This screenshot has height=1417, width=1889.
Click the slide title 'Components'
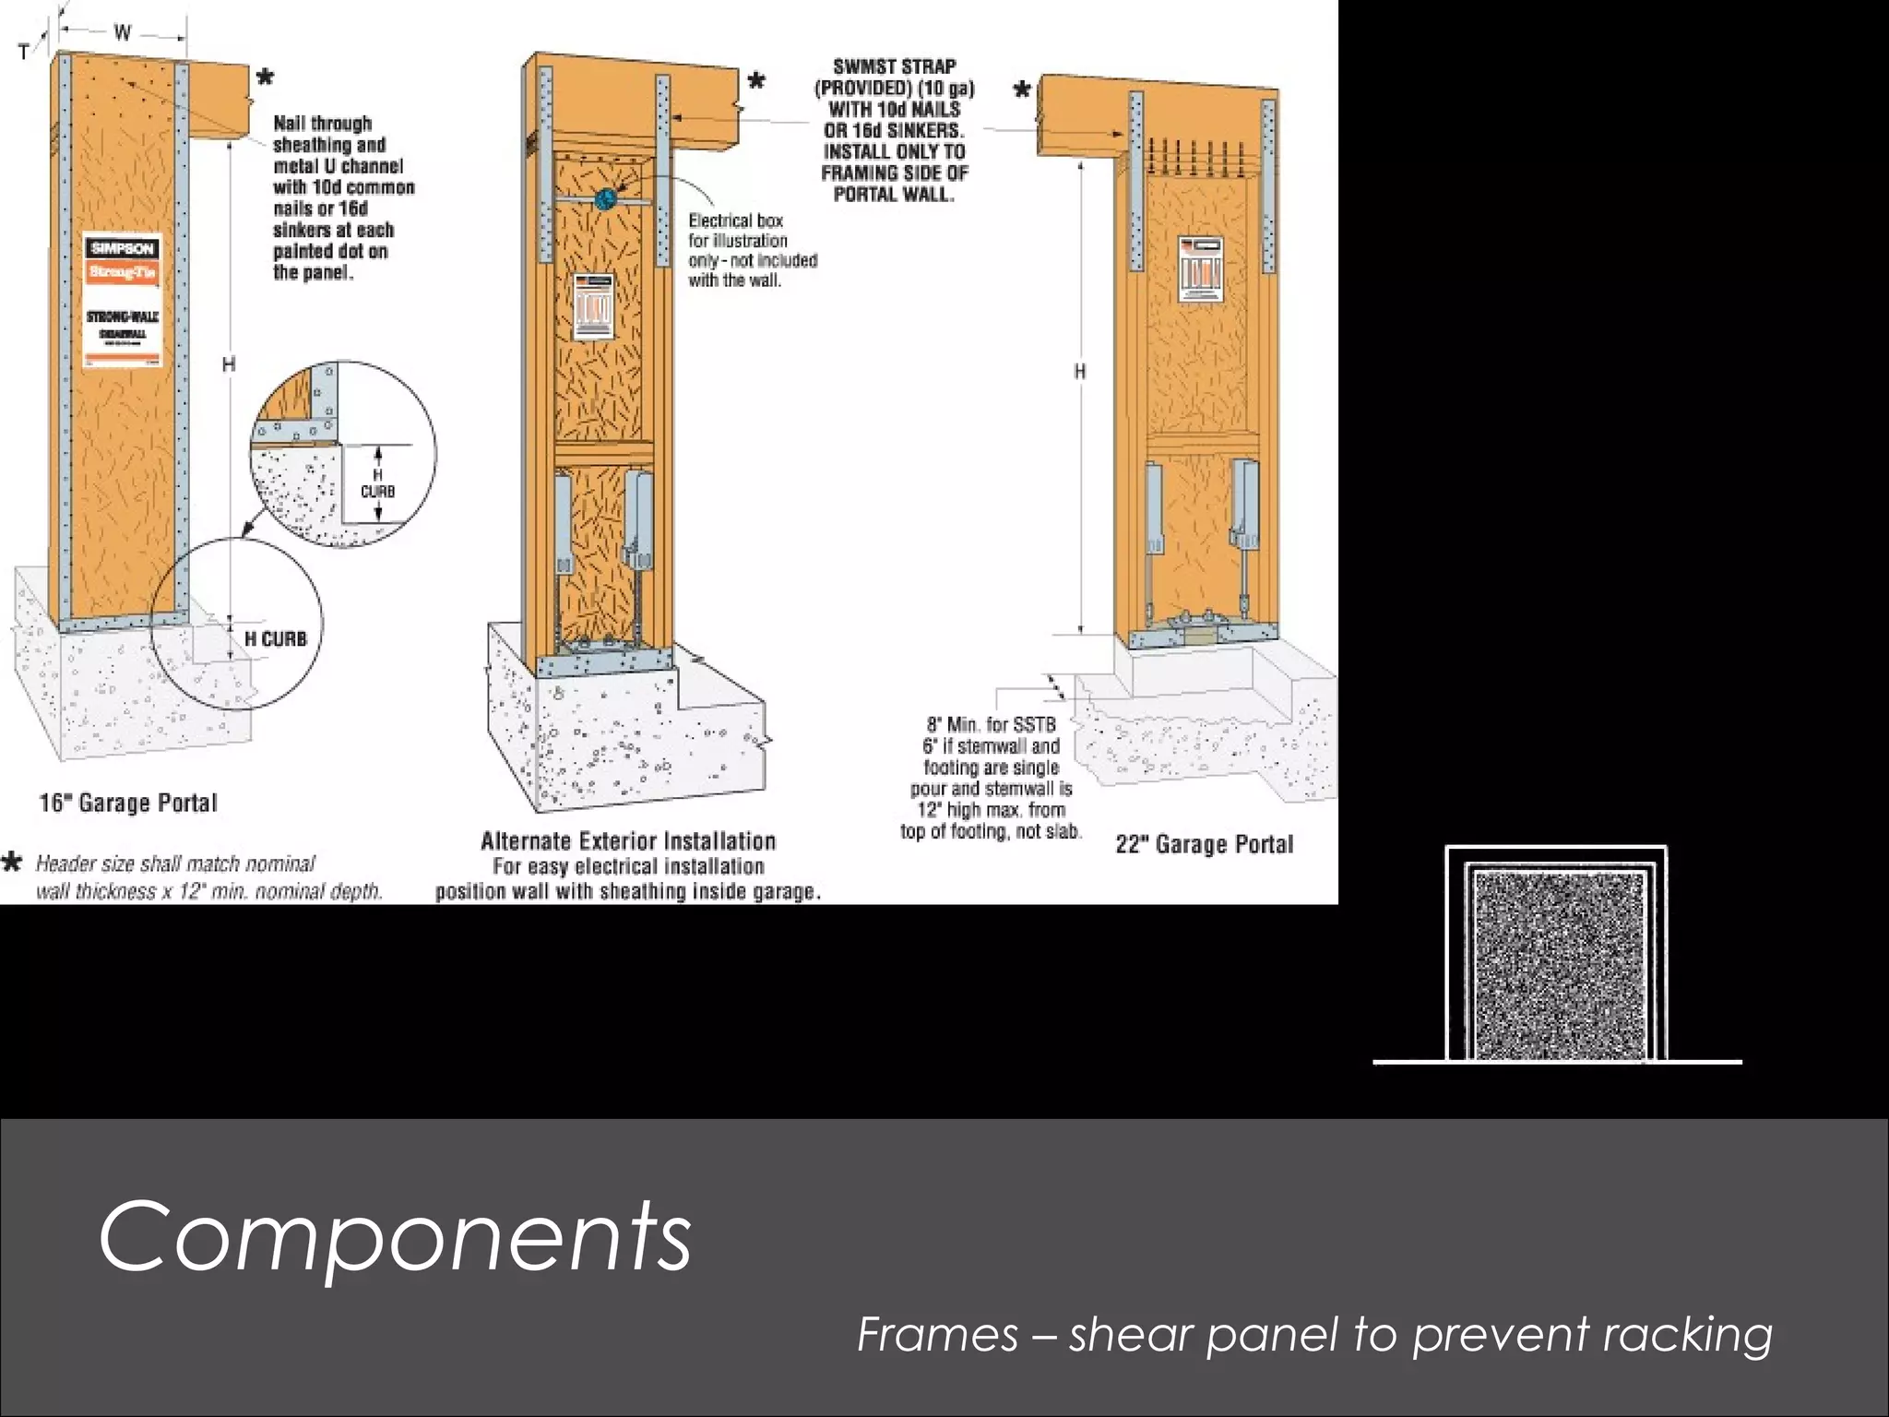point(395,1236)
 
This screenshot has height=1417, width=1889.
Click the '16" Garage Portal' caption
point(128,803)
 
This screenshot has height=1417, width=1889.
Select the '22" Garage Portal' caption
point(1204,844)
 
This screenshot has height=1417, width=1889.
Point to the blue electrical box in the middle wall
point(606,197)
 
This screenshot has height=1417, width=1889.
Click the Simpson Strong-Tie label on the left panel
point(123,301)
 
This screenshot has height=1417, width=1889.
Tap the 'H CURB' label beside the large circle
point(275,638)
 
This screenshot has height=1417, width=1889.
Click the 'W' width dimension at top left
point(122,33)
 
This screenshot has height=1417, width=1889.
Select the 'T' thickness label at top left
point(23,53)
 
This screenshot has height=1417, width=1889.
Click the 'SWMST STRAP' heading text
point(894,66)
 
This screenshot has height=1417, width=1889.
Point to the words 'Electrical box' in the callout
point(735,220)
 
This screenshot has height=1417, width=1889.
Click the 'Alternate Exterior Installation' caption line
point(628,840)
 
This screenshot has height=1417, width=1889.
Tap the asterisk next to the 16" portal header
point(265,77)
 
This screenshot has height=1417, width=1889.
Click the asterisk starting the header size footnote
point(12,863)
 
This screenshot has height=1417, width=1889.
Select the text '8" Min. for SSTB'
point(991,725)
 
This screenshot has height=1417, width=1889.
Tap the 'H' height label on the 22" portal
point(1079,371)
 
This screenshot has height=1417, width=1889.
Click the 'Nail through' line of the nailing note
point(322,124)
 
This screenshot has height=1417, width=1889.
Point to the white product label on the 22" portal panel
point(1200,269)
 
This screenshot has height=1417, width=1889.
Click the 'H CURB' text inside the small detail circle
point(377,483)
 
